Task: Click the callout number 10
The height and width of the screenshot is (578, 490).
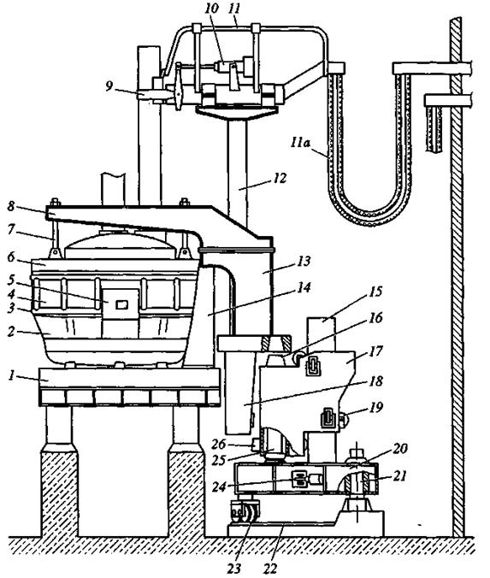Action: coord(212,9)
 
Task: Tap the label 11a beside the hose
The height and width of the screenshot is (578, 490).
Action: coord(300,143)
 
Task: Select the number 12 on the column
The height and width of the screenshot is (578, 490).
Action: coord(280,179)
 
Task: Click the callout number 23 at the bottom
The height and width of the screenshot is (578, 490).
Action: coord(234,568)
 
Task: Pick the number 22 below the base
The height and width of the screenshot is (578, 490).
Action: coord(270,569)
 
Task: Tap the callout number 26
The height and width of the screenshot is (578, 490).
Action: coord(218,445)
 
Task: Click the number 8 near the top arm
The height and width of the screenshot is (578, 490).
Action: coord(11,206)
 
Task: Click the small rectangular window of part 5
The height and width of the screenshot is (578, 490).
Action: coord(121,304)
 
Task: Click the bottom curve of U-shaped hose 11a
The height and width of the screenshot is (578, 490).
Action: coord(369,217)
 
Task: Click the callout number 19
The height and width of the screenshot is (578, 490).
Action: coord(376,408)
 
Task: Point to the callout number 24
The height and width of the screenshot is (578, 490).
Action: coord(219,487)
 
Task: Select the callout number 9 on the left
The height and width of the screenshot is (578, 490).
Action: coord(109,86)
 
